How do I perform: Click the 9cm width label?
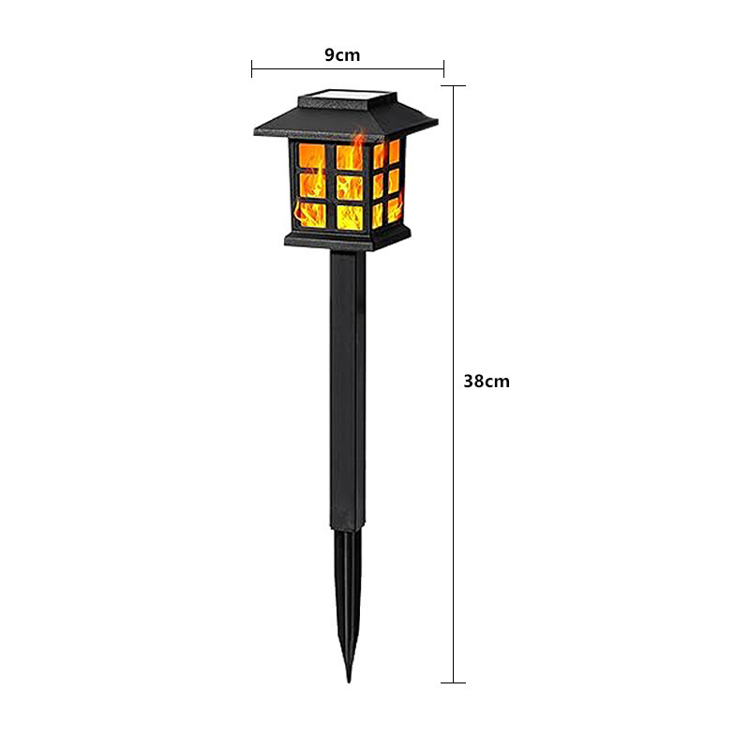pyautogui.click(x=342, y=55)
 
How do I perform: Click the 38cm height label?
pyautogui.click(x=487, y=382)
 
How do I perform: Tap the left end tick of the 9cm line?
pyautogui.click(x=252, y=67)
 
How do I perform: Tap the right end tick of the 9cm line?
pyautogui.click(x=443, y=67)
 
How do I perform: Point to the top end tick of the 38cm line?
pyautogui.click(x=454, y=86)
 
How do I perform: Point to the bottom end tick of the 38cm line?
pyautogui.click(x=454, y=682)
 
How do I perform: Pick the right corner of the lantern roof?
pyautogui.click(x=436, y=120)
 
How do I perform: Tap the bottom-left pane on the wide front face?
pyautogui.click(x=312, y=215)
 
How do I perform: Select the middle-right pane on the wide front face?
pyautogui.click(x=351, y=186)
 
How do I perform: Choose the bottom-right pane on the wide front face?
pyautogui.click(x=351, y=216)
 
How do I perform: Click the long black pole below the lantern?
pyautogui.click(x=343, y=394)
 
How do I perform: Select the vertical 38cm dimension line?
pyautogui.click(x=454, y=525)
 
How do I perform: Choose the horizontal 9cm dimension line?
pyautogui.click(x=394, y=67)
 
